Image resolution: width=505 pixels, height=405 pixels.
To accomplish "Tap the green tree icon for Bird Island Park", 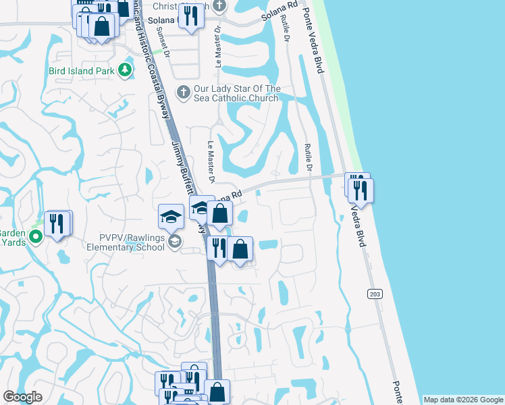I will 124,70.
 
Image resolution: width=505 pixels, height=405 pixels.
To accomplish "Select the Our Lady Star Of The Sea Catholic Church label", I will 236,93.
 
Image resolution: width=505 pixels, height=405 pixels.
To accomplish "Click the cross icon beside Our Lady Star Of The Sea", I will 183,91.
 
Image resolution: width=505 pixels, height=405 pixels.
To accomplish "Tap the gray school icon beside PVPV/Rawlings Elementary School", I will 175,242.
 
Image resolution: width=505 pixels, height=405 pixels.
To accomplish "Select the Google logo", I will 23,397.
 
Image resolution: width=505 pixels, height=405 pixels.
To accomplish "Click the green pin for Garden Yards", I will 37,236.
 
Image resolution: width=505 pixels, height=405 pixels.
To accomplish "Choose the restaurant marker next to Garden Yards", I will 57,223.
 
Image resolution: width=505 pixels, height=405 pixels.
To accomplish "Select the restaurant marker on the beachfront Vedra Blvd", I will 360,190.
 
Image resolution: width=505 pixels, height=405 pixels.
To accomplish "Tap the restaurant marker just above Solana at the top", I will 191,16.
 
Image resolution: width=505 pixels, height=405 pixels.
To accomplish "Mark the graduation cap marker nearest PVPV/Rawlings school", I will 171,217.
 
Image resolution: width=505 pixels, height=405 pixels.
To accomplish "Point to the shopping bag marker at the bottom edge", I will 217,391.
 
